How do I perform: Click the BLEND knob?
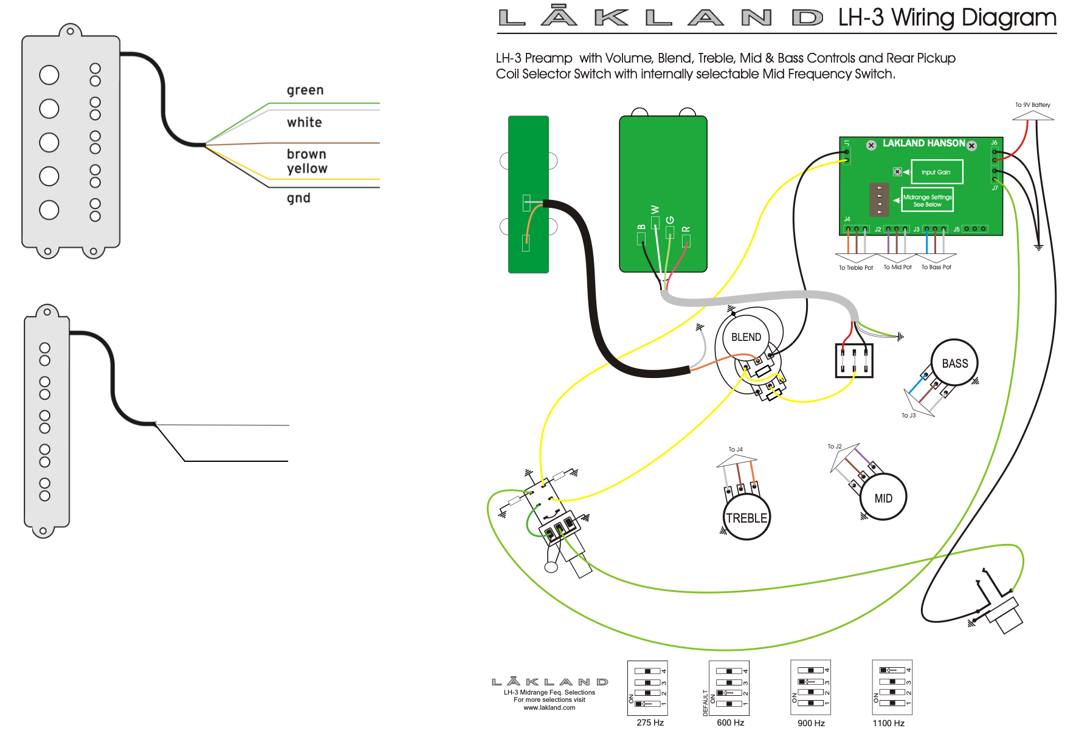point(746,337)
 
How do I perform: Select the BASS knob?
point(954,363)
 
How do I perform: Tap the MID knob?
point(883,497)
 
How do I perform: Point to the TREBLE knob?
point(747,517)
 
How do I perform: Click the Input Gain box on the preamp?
point(937,172)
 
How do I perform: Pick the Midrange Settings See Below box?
point(927,200)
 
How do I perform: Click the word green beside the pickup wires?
point(305,91)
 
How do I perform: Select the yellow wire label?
point(307,169)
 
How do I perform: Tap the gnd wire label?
point(298,198)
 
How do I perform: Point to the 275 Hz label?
point(650,723)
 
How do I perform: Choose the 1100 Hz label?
point(888,723)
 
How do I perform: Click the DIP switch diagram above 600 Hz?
point(729,688)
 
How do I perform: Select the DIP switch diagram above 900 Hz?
point(810,687)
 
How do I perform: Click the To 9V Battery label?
point(1032,105)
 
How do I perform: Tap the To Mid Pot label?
point(897,267)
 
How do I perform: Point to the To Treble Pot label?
point(855,267)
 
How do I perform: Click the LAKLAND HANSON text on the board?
point(923,143)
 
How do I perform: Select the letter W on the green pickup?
point(655,210)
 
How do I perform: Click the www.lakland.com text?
point(549,707)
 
